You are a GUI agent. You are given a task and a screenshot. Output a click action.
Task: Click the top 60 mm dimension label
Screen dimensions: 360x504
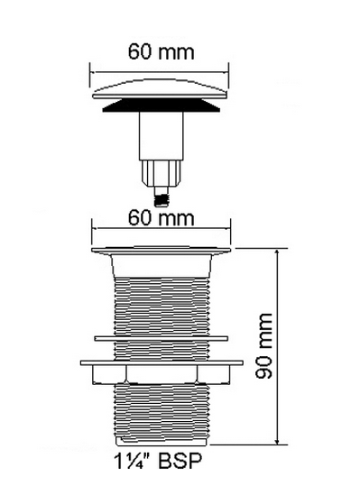162,52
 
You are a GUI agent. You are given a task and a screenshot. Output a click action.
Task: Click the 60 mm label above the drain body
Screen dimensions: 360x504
162,217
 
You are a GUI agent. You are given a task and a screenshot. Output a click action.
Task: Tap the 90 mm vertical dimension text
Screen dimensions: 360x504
263,346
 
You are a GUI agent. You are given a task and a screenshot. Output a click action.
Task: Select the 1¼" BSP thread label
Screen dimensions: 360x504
158,461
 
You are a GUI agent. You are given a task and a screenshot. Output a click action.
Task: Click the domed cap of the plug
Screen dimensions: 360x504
160,89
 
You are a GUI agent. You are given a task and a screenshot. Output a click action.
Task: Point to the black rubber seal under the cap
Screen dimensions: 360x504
162,105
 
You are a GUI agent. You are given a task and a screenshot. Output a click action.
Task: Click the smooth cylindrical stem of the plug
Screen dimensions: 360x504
161,135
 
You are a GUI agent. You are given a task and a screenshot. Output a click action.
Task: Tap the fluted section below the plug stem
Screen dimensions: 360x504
162,173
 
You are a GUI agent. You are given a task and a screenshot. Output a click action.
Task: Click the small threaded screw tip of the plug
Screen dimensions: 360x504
162,197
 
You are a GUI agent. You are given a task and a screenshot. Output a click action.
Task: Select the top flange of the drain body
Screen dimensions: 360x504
162,250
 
